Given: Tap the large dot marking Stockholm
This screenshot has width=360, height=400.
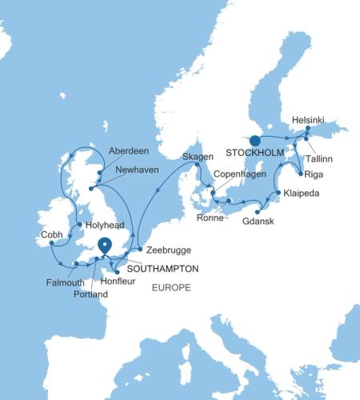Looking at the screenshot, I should (254, 138).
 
